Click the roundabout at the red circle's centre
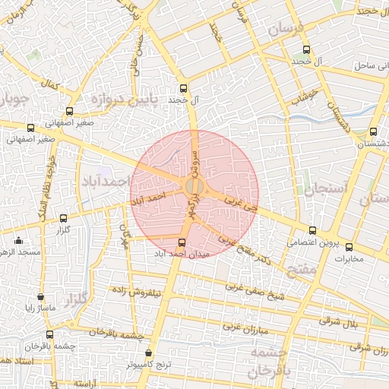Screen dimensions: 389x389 pos(194,185)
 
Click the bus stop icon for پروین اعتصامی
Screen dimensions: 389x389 pos(312,231)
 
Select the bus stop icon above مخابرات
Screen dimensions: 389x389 pos(349,246)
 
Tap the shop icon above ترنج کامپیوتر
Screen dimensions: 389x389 pos(148,353)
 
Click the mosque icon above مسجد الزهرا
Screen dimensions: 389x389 pos(19,241)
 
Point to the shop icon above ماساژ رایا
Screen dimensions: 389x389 pos(40,297)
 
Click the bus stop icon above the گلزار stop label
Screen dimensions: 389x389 pos(64,218)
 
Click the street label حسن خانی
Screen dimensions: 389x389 pos(138,58)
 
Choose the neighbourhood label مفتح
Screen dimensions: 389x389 pos(301,268)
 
